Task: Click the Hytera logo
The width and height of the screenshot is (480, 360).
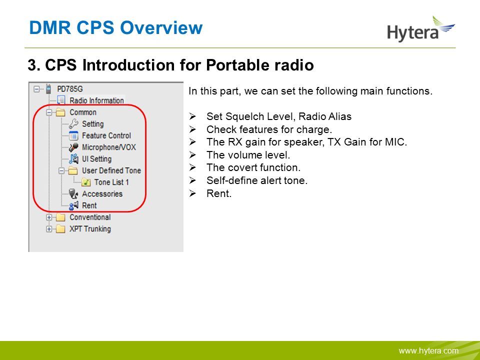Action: pyautogui.click(x=421, y=29)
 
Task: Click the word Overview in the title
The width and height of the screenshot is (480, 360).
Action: pyautogui.click(x=161, y=27)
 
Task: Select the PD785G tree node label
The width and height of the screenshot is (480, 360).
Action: pyautogui.click(x=70, y=89)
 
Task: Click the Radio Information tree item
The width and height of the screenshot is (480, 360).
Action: pyautogui.click(x=96, y=100)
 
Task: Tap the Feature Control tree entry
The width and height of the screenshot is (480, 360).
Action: pyautogui.click(x=106, y=135)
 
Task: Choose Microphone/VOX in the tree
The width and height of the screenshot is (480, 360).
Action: pyautogui.click(x=108, y=147)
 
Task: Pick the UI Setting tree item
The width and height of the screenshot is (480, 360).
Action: pyautogui.click(x=96, y=159)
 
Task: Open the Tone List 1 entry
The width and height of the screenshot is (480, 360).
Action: pyautogui.click(x=111, y=182)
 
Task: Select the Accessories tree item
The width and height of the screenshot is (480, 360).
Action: pyautogui.click(x=102, y=194)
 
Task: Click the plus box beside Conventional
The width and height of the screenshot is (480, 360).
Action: pyautogui.click(x=49, y=217)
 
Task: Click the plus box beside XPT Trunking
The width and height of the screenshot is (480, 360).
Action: pyautogui.click(x=49, y=229)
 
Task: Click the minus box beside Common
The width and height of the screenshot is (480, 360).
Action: pyautogui.click(x=49, y=112)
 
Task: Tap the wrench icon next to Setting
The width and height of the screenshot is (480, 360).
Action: pyautogui.click(x=73, y=124)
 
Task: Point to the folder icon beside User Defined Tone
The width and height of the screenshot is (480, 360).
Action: pyautogui.click(x=72, y=170)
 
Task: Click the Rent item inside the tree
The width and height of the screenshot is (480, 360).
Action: pyautogui.click(x=89, y=205)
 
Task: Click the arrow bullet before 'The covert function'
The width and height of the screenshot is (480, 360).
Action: pyautogui.click(x=192, y=167)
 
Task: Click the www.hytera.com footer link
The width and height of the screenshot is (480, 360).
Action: pyautogui.click(x=428, y=351)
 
